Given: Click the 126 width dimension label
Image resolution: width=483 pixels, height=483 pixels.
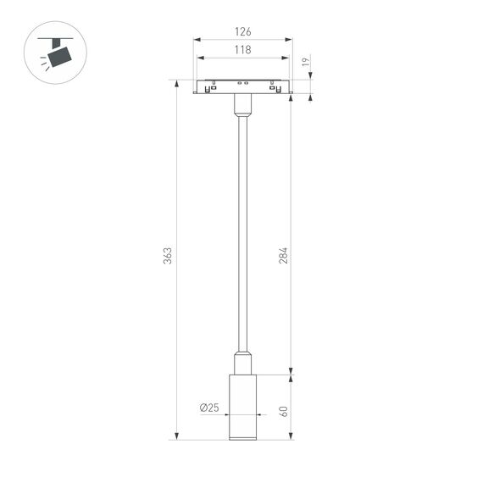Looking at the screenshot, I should pos(242,32).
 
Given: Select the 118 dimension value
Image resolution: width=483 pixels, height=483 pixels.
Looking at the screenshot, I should pos(242,50).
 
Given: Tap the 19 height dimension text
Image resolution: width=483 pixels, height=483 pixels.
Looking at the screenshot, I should pos(306,62).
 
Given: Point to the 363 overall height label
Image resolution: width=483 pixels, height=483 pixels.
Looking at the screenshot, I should pos(168,254).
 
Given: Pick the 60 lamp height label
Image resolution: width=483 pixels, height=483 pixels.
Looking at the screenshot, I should pos(284,410).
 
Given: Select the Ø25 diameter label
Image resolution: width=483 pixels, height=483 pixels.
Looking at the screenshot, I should pos(209,408).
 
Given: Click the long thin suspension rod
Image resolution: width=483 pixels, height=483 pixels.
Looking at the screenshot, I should pos(242,229).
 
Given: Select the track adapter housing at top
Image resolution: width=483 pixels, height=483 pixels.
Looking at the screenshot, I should pos(242,86).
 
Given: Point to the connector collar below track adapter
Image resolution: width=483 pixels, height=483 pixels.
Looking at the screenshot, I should pos(242,105).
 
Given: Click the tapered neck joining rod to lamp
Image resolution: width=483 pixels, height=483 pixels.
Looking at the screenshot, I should pos(242,362).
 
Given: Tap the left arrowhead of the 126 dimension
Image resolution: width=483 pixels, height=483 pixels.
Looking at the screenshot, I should pos(197,39).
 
